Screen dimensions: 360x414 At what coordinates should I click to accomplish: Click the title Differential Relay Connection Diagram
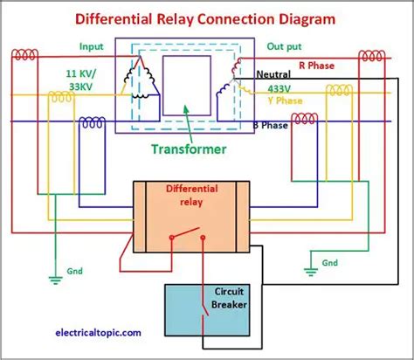pyautogui.click(x=207, y=17)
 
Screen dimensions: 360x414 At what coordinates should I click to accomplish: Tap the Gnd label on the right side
pyautogui.click(x=328, y=262)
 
